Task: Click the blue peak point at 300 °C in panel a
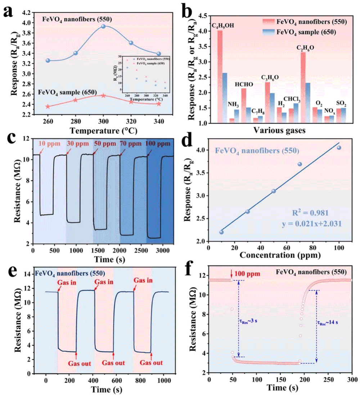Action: [x=103, y=26]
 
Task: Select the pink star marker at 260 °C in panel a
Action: [x=48, y=106]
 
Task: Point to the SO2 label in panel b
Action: [x=341, y=104]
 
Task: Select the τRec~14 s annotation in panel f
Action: [x=327, y=322]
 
